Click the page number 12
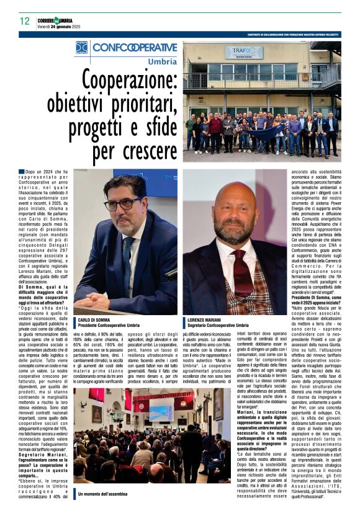(24, 20)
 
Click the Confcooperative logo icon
(81, 48)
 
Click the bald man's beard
(236, 236)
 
